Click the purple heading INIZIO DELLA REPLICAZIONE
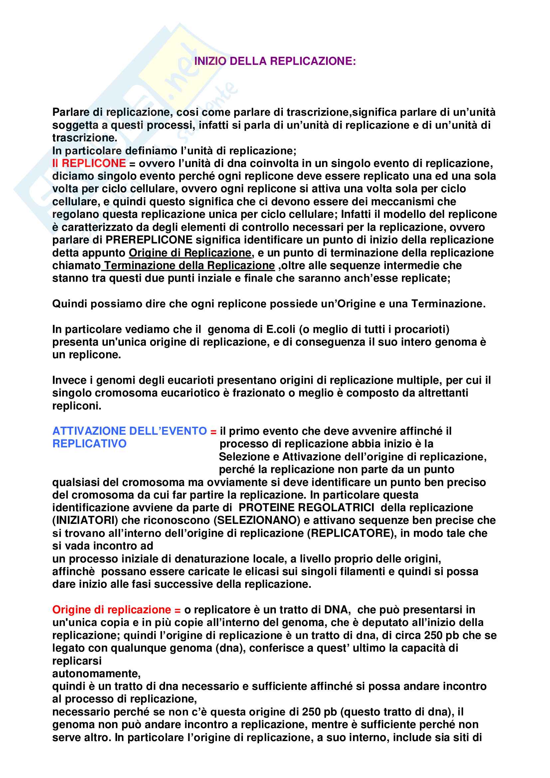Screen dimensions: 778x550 [275, 61]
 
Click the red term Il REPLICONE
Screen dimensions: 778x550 [89, 163]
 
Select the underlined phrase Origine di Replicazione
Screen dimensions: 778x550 [190, 253]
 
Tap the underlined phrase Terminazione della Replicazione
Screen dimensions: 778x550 [189, 266]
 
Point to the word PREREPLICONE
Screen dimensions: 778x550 [149, 240]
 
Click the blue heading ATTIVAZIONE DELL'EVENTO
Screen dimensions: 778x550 [129, 431]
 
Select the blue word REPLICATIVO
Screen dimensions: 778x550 [90, 444]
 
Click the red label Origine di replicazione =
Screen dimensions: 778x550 [116, 610]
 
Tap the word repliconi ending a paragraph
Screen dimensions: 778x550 [77, 405]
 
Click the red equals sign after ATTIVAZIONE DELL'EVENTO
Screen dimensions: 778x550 [213, 432]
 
